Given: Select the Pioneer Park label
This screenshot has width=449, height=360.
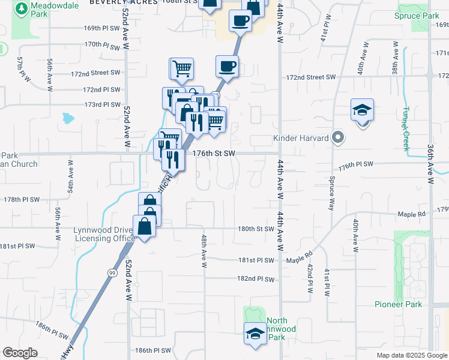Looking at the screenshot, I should tap(398, 304).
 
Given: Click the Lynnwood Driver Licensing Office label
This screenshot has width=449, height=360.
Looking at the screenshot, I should tap(104, 234).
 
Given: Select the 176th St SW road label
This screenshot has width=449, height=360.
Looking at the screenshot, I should tap(213, 153).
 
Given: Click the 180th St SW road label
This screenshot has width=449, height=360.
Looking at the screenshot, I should tap(256, 229).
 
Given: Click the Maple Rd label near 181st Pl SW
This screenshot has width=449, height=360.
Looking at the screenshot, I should tap(300, 260).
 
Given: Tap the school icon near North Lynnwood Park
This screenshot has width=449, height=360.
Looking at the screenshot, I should tap(255, 333).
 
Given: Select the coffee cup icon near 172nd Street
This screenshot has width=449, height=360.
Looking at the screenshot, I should tap(227, 66).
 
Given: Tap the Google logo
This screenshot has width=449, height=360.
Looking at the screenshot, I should tap(20, 353).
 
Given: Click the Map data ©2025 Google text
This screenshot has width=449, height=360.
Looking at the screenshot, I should tap(411, 355).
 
